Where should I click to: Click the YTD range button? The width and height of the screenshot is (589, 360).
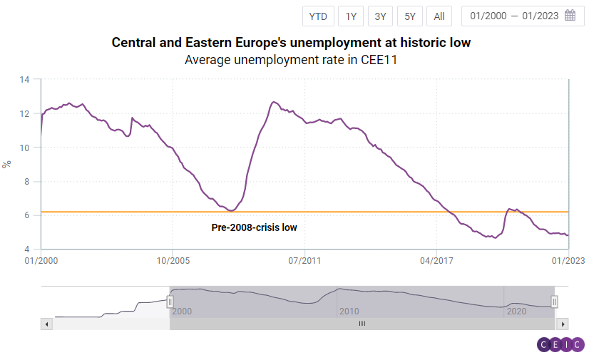point(317,16)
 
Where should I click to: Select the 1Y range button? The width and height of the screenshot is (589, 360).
point(352,16)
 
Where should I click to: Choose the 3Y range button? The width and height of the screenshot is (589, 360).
point(381,16)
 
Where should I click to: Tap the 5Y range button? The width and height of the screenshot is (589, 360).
point(410,16)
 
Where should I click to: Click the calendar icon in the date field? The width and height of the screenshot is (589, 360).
point(570,16)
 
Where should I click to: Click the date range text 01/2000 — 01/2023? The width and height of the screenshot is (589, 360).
point(515,16)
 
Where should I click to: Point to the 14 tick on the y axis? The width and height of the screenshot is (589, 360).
point(24,80)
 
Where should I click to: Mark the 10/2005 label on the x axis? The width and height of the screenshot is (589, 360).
point(172,261)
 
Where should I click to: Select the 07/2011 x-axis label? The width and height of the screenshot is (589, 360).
point(304,261)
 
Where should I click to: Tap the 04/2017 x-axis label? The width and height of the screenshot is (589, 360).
point(436,261)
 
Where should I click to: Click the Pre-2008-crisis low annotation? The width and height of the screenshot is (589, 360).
point(254,227)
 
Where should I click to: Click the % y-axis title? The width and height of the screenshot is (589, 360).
point(7,164)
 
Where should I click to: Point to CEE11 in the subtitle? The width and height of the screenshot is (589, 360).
point(378,60)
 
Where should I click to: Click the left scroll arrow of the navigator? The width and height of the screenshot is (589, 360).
point(47,324)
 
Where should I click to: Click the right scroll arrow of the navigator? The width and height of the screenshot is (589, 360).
point(563,324)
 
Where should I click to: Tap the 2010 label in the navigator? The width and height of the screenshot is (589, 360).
point(349,312)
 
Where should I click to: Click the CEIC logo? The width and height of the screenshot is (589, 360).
point(560,345)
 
